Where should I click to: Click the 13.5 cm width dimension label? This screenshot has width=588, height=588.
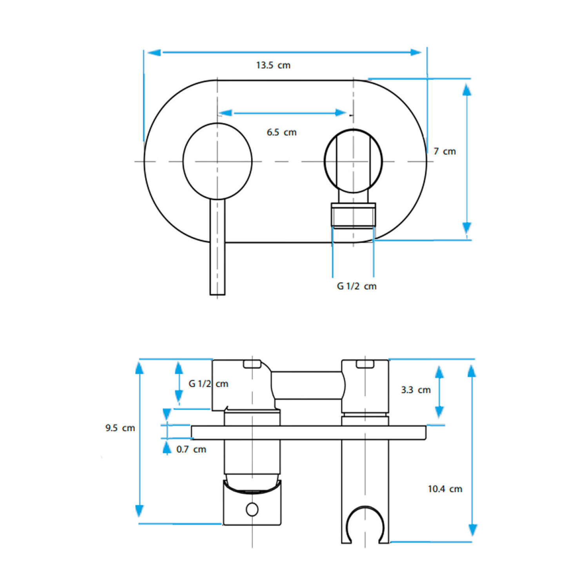click(273, 65)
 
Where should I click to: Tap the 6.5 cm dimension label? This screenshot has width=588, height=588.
click(281, 132)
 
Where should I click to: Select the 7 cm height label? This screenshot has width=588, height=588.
click(445, 151)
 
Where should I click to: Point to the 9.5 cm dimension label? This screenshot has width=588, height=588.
click(120, 428)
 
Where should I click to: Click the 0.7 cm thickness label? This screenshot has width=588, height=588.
click(191, 449)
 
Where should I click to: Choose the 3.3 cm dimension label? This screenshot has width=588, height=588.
click(416, 390)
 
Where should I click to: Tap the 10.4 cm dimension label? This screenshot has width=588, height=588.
click(445, 489)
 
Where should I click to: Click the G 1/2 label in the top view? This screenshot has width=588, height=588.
click(357, 286)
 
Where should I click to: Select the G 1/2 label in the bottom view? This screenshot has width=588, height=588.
click(209, 384)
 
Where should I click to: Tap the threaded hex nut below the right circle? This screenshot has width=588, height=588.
click(353, 216)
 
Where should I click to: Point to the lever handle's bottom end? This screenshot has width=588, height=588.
click(218, 294)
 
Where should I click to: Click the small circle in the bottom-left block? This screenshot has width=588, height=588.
click(252, 509)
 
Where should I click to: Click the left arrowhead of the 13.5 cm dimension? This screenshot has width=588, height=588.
click(154, 52)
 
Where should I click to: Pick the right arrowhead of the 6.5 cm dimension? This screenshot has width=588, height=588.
click(341, 113)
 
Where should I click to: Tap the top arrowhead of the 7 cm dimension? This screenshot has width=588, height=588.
click(466, 90)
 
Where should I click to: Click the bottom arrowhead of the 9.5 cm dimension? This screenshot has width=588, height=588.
click(139, 511)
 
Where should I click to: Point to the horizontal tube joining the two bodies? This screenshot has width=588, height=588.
click(308, 385)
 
